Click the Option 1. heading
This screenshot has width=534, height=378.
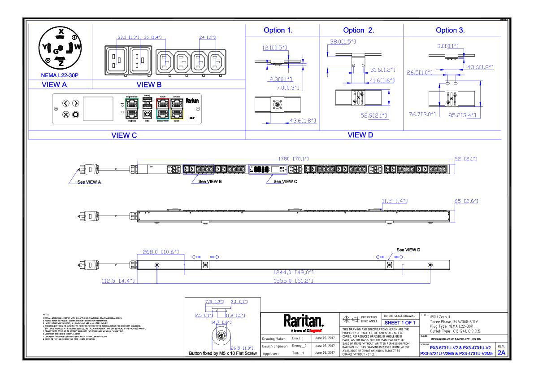click(x=278, y=31)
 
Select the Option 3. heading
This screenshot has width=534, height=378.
click(x=450, y=31)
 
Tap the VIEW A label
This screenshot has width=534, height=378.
click(x=54, y=84)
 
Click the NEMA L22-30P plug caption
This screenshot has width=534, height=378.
click(x=60, y=75)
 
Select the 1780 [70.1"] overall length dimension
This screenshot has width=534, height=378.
click(x=293, y=158)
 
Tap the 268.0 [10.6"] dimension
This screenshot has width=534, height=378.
click(x=161, y=252)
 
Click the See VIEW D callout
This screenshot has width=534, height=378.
click(x=408, y=250)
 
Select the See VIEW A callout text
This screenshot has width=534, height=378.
click(x=89, y=182)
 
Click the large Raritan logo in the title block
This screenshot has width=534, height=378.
click(x=303, y=321)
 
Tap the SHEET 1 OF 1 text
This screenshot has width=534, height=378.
click(x=400, y=323)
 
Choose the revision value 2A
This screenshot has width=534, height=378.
click(x=501, y=353)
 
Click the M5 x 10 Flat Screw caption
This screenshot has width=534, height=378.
click(x=223, y=354)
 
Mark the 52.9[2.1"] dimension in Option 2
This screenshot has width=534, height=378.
click(x=375, y=116)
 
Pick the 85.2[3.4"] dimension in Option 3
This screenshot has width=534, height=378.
click(x=462, y=115)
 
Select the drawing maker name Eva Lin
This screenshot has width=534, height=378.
click(x=298, y=338)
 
